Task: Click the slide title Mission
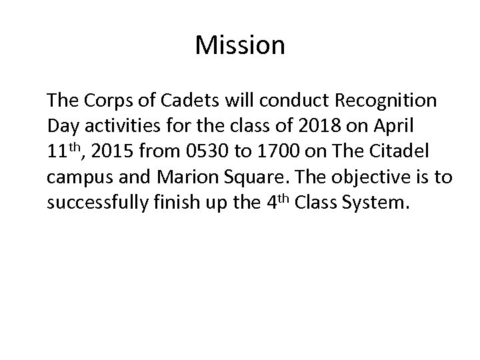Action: (x=240, y=46)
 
